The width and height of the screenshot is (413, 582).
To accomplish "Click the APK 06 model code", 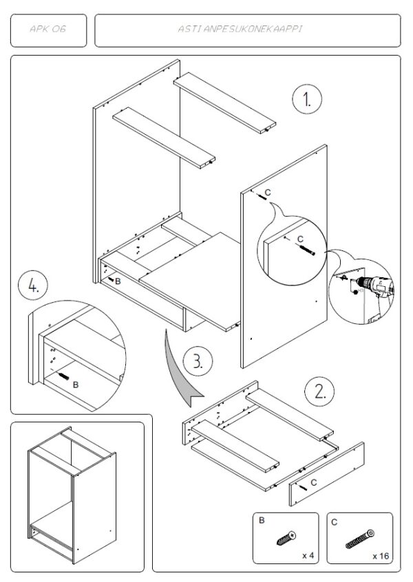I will [x=48, y=30].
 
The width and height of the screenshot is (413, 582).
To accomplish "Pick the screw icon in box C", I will [x=360, y=537].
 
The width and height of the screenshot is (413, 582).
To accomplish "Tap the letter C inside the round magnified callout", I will [x=300, y=239].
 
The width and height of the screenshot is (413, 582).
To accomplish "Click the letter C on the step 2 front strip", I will [x=313, y=483].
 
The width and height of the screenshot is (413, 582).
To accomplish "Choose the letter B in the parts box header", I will [x=261, y=521].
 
